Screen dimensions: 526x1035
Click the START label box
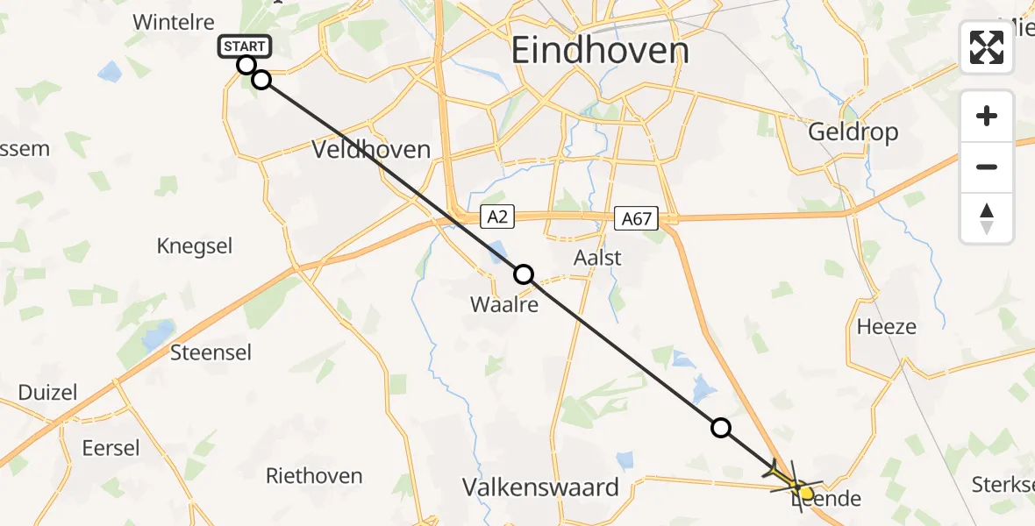pyautogui.click(x=245, y=46)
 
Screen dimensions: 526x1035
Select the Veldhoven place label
pyautogui.click(x=371, y=150)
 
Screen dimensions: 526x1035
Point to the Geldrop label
pyautogui.click(x=853, y=132)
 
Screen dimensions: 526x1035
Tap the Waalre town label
pyautogui.click(x=503, y=304)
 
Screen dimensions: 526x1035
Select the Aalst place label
pyautogui.click(x=596, y=258)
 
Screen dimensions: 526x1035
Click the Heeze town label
pyautogui.click(x=886, y=327)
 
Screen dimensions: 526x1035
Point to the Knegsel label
pyautogui.click(x=195, y=246)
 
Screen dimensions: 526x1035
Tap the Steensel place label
pyautogui.click(x=211, y=352)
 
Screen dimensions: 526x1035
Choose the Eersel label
pyautogui.click(x=111, y=448)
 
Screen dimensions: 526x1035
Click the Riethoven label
pyautogui.click(x=314, y=476)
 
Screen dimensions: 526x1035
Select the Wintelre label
pyautogui.click(x=173, y=22)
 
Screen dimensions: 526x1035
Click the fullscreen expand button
pyautogui.click(x=987, y=47)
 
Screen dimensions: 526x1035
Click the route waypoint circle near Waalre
pyautogui.click(x=524, y=274)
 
